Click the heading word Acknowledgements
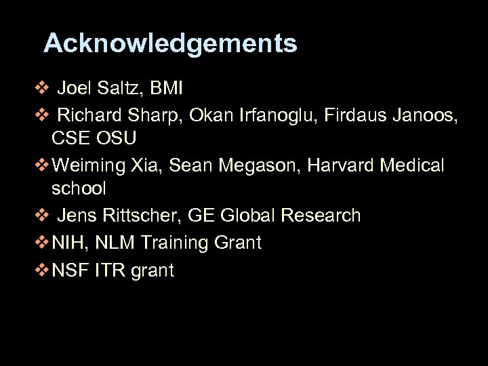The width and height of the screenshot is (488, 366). pyautogui.click(x=170, y=43)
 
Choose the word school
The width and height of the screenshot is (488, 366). pyautogui.click(x=79, y=188)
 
